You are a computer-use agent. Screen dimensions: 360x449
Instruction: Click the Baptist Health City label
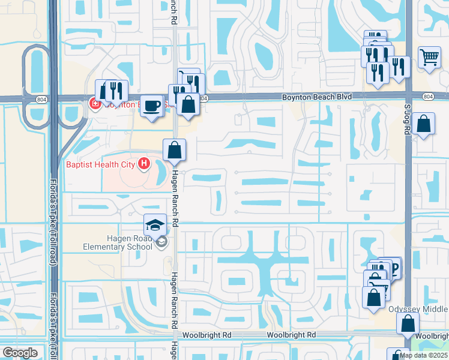click(100, 163)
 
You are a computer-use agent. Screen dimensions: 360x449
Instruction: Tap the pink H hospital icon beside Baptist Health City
click(143, 163)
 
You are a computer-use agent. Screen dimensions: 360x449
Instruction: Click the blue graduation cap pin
click(155, 226)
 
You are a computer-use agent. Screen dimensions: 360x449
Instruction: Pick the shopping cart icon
click(429, 58)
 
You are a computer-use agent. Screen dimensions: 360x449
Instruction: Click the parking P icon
click(395, 269)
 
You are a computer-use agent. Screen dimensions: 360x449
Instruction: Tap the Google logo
click(20, 352)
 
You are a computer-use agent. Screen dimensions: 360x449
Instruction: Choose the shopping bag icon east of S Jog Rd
click(424, 124)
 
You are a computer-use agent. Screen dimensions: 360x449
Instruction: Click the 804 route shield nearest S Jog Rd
click(427, 97)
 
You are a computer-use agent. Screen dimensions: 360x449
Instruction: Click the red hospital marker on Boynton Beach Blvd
click(94, 104)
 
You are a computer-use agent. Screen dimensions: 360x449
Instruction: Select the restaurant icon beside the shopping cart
click(399, 67)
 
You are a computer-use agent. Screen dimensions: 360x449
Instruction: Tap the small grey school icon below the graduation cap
click(160, 242)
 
